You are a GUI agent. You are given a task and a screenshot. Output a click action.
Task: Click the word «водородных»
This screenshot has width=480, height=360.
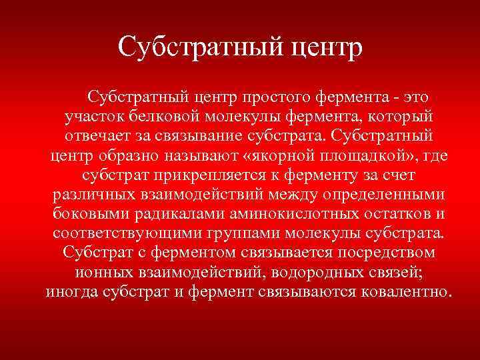(x=299, y=273)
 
